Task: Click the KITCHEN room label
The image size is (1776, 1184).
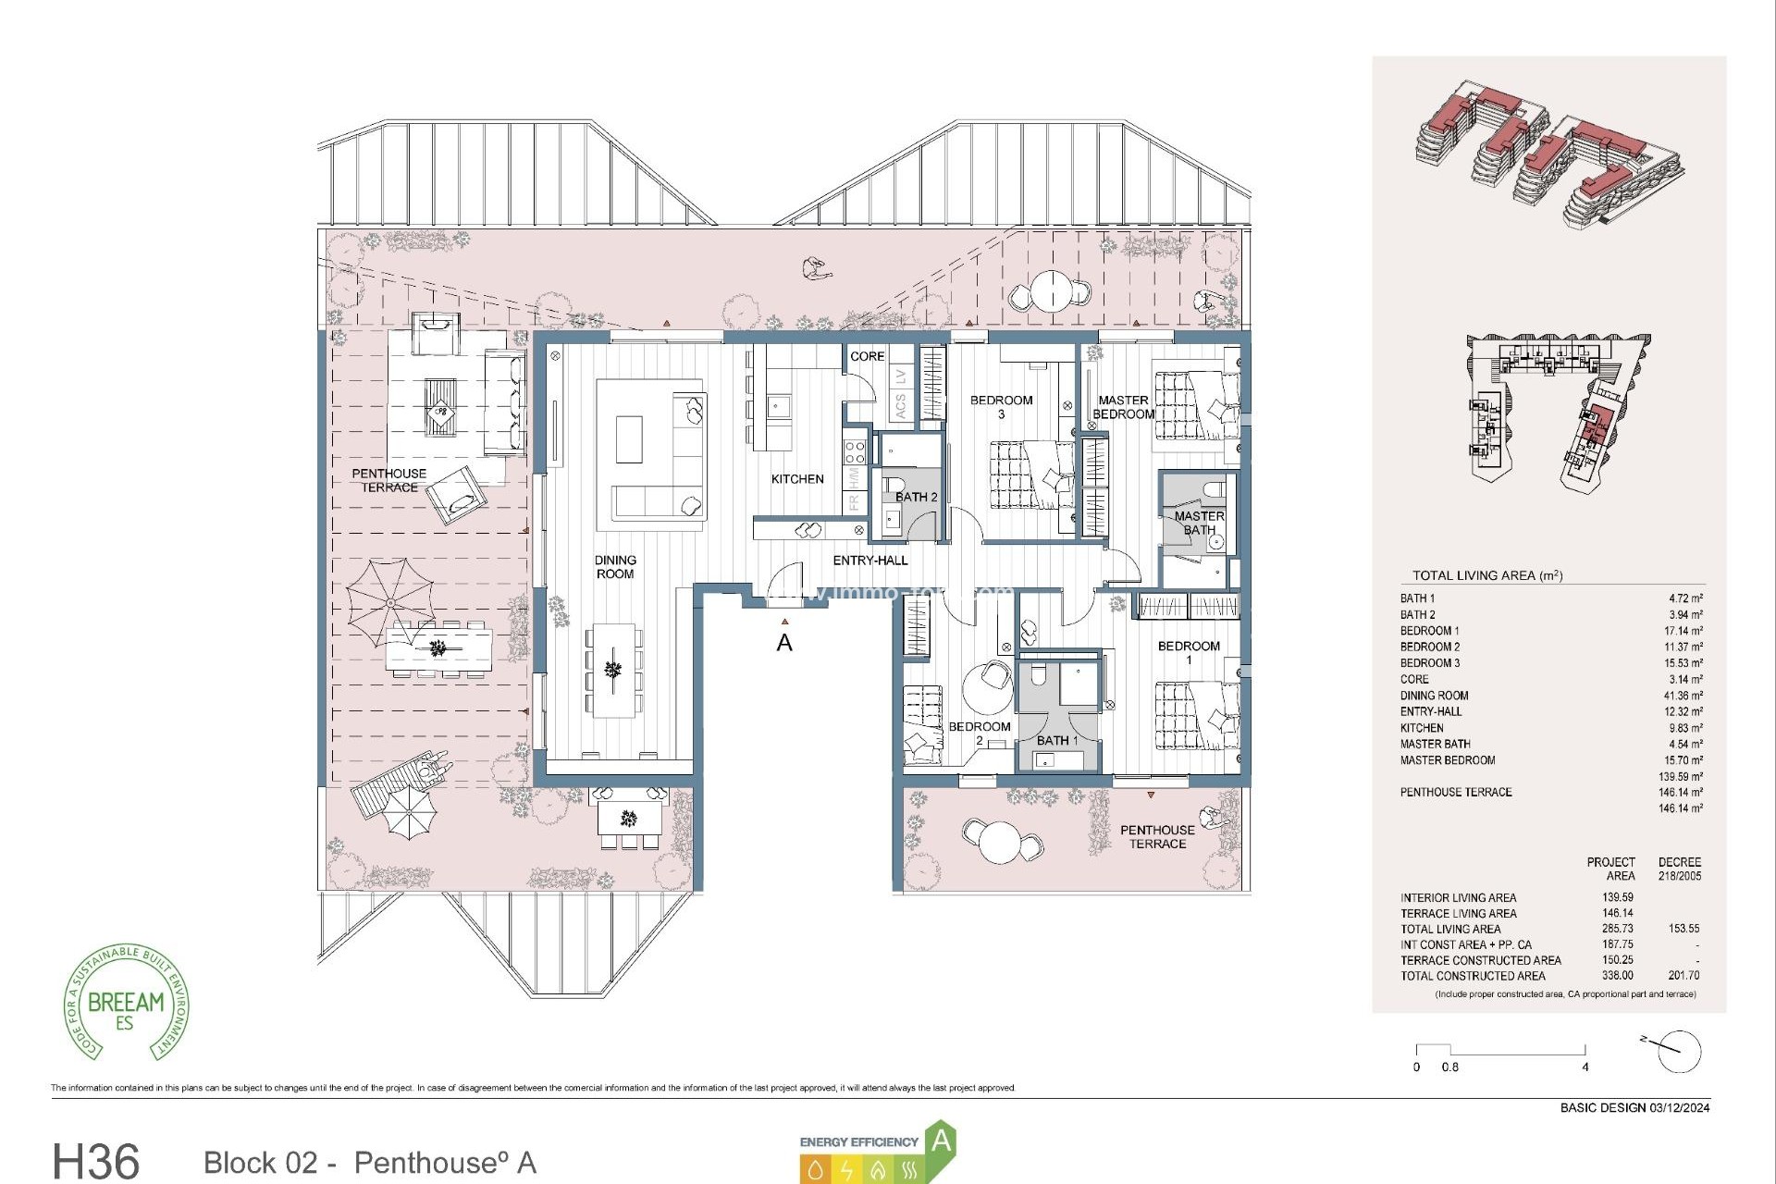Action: [x=797, y=479]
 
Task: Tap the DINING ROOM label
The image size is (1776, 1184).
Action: [x=615, y=567]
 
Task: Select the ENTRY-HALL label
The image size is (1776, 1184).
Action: [x=870, y=561]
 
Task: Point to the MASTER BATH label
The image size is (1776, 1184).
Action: [x=1199, y=524]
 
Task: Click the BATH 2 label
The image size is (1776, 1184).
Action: [x=916, y=498]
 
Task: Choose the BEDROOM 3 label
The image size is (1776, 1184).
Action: [x=1001, y=407]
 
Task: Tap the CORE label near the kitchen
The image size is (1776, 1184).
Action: [x=867, y=356]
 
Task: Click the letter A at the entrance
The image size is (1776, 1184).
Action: [x=784, y=642]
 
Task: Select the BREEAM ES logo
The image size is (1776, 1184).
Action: [x=127, y=1004]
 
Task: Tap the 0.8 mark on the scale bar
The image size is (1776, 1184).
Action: [x=1449, y=1067]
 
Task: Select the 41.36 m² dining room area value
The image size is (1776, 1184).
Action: [x=1683, y=696]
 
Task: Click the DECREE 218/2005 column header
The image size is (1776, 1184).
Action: [x=1679, y=869]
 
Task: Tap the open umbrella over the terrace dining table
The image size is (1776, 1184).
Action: [x=390, y=602]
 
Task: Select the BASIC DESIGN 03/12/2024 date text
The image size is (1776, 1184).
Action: [x=1634, y=1107]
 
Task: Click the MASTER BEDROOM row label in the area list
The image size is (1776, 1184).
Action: [x=1447, y=760]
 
